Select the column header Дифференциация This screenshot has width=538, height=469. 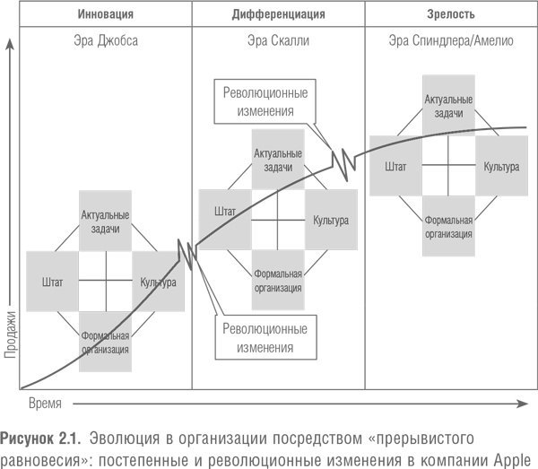[x=279, y=14]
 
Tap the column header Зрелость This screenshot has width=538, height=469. [x=451, y=14]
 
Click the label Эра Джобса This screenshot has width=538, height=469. [x=105, y=41]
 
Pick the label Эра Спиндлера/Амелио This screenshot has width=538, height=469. [x=451, y=41]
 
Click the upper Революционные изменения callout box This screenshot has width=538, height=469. [x=256, y=102]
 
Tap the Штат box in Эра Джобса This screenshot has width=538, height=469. [x=53, y=282]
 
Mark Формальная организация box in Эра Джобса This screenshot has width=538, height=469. [x=105, y=342]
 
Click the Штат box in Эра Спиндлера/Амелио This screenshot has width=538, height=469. [x=395, y=166]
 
